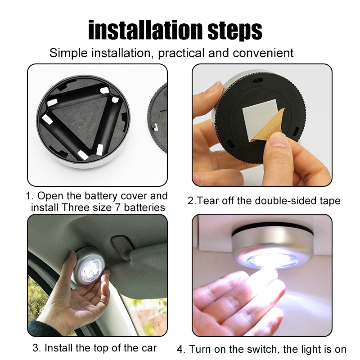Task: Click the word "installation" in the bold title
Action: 146,30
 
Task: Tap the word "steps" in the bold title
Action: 234,31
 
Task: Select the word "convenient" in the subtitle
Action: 263,53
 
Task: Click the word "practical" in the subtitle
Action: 181,53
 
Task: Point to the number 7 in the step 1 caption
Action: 117,207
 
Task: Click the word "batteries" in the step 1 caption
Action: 144,207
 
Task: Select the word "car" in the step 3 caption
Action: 148,348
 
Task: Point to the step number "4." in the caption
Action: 181,349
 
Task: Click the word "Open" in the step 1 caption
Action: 50,196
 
